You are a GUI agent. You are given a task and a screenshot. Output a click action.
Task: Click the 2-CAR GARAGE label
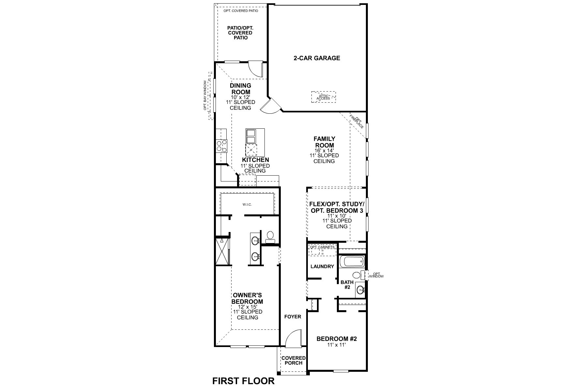(x=317, y=58)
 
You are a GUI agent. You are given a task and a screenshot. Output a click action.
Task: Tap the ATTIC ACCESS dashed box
(x=323, y=97)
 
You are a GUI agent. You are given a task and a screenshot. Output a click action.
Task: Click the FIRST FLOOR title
(x=243, y=381)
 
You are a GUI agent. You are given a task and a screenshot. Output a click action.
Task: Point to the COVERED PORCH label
(x=293, y=360)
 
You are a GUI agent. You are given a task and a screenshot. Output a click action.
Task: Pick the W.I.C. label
(x=247, y=205)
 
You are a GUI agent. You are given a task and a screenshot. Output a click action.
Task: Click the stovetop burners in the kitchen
(x=222, y=146)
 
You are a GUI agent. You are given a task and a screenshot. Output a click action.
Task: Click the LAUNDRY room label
(x=322, y=267)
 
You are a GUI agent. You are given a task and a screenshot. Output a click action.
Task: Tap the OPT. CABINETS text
(x=322, y=247)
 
